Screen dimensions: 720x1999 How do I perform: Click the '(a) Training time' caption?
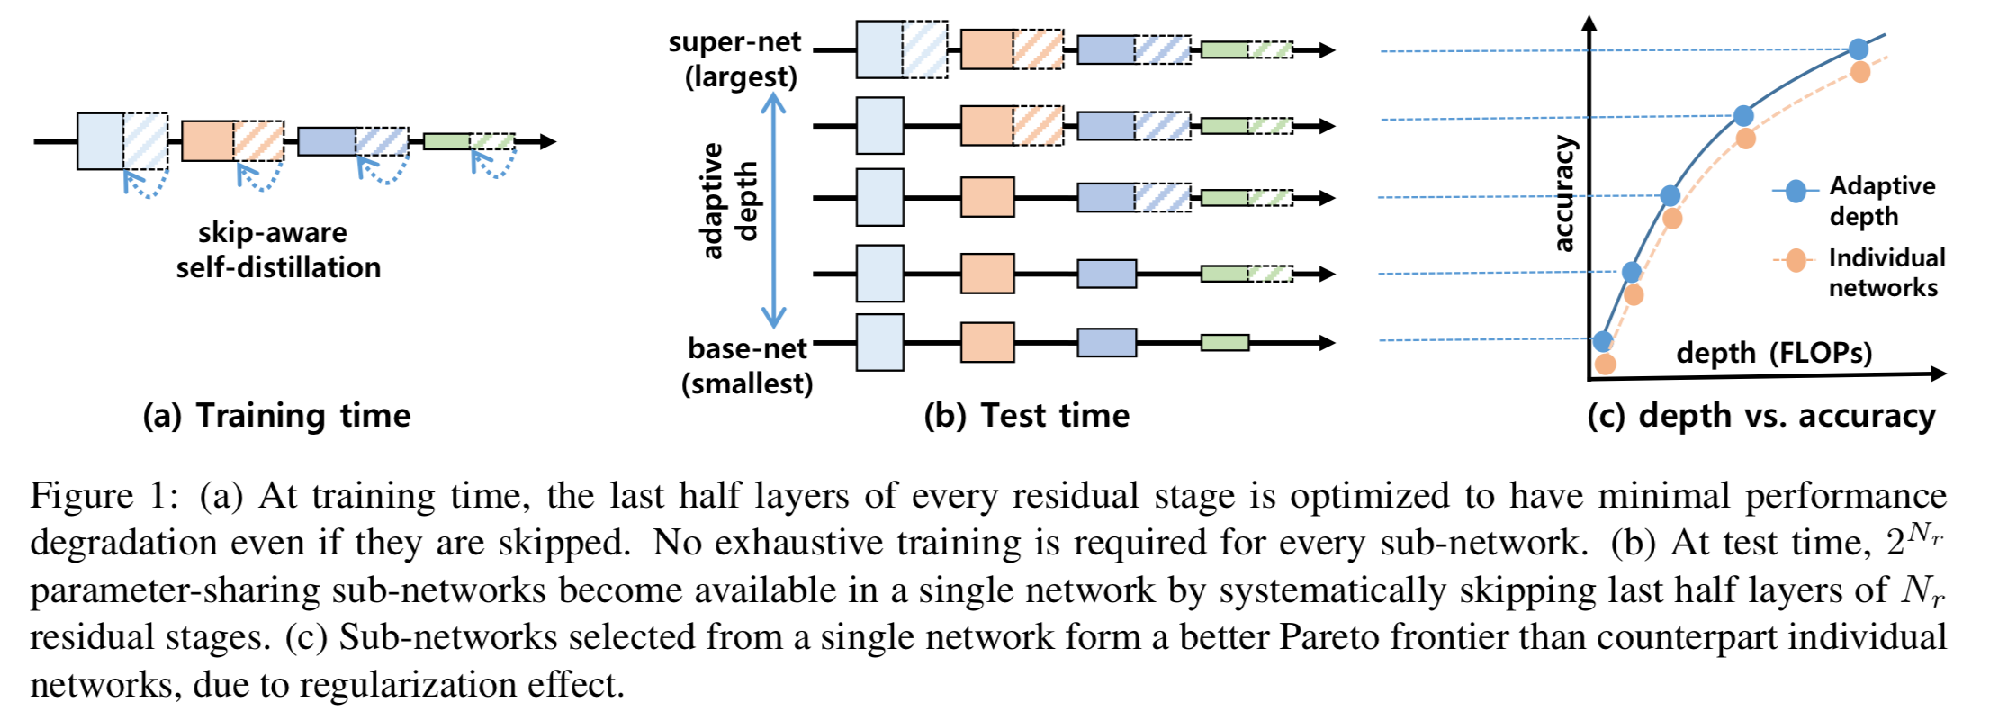276,416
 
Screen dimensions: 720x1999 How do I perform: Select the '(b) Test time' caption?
1026,416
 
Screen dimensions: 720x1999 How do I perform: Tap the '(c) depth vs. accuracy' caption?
1760,416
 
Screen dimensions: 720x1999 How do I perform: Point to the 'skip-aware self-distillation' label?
277,250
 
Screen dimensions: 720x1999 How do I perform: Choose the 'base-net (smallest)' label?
747,365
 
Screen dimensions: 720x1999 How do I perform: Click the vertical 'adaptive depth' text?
729,201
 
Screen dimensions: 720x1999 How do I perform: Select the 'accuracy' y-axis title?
1564,193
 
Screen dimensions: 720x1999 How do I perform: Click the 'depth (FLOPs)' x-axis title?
1774,353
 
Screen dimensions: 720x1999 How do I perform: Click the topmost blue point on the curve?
1859,49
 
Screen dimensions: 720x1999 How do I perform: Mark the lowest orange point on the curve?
1605,364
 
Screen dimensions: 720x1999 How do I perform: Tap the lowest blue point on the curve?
1602,341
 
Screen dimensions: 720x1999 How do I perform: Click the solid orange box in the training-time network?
207,140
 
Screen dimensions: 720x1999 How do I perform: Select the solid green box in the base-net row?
1224,342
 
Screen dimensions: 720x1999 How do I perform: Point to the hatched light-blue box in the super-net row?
924,49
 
